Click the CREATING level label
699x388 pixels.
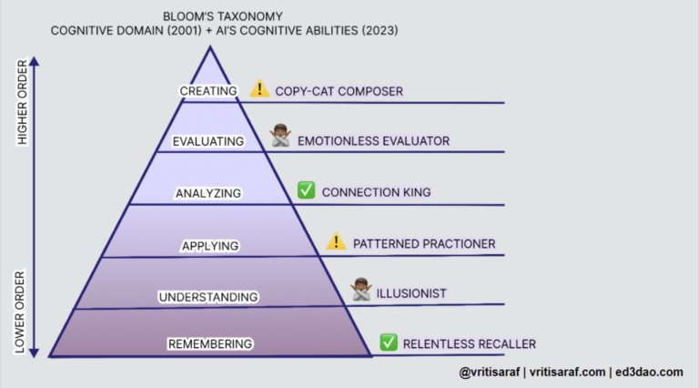[x=208, y=90]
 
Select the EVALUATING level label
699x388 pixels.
[x=208, y=141]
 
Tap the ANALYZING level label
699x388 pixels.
[x=209, y=193]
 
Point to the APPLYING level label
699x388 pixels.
[x=209, y=245]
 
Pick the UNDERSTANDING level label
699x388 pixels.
[x=208, y=297]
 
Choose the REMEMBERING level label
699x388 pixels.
[x=209, y=343]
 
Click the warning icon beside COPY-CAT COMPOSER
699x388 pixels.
[x=260, y=89]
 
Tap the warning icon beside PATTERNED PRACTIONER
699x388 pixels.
[x=337, y=241]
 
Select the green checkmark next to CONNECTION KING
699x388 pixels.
[x=306, y=190]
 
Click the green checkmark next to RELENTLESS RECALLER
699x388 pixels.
[x=388, y=342]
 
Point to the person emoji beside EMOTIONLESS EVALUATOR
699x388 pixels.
[x=280, y=138]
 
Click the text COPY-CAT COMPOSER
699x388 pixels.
[x=339, y=91]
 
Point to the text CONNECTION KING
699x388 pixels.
[x=376, y=192]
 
